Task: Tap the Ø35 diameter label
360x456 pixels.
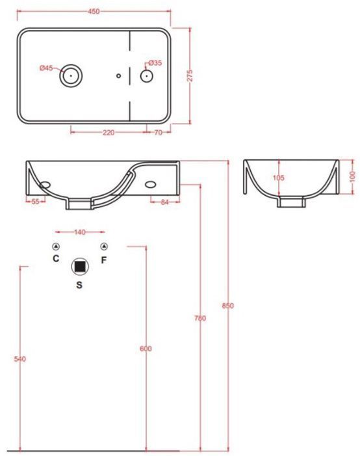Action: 155,63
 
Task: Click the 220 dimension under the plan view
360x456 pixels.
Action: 109,132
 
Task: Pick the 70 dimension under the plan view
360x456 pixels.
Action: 158,132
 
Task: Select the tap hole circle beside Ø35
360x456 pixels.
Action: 147,77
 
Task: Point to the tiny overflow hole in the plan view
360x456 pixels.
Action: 118,76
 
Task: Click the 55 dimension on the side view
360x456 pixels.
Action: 36,202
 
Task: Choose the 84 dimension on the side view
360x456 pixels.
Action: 164,202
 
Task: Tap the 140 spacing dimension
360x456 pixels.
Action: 81,232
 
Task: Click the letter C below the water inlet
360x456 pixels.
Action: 57,259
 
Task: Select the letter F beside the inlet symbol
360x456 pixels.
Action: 103,260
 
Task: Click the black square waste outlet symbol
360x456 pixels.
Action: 80,266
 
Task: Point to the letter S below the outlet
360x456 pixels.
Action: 79,284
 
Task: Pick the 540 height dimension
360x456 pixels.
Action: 19,359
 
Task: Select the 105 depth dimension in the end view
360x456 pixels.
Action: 279,178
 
